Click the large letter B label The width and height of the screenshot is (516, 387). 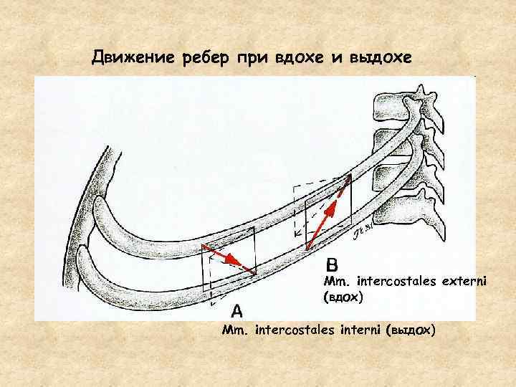click(335, 263)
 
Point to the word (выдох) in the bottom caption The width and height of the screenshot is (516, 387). click(410, 330)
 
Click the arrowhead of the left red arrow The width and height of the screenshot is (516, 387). click(252, 271)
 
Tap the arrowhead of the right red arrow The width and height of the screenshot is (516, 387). click(349, 180)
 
